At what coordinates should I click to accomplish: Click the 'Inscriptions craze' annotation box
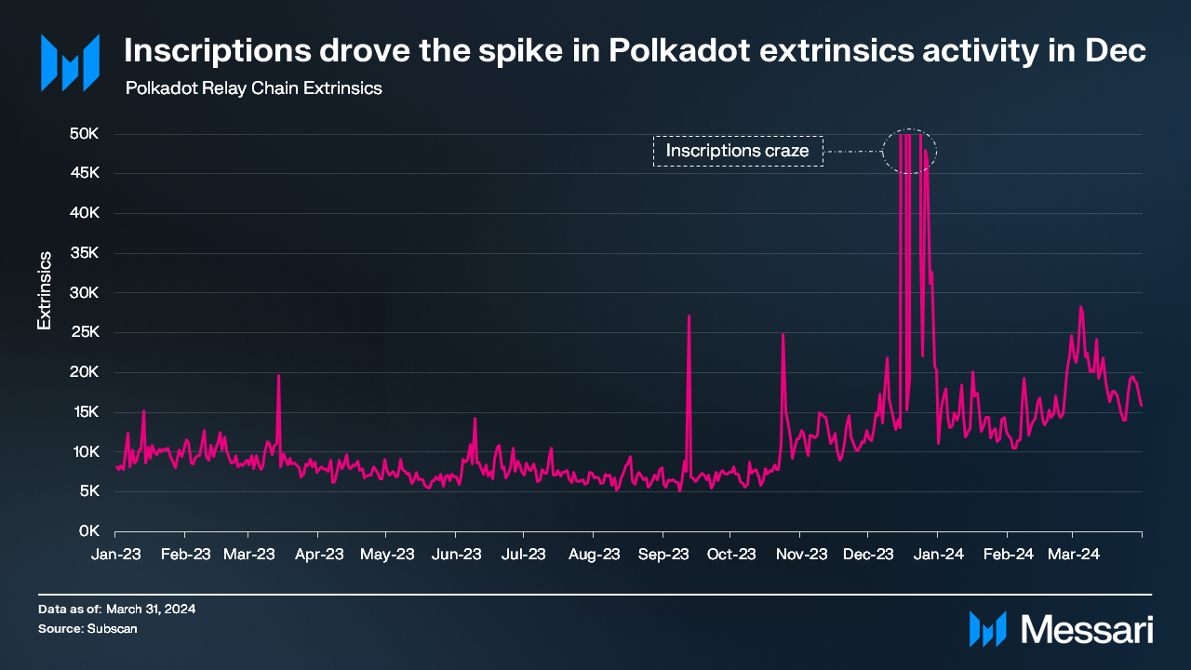pos(738,152)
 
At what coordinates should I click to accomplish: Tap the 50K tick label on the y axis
pos(84,133)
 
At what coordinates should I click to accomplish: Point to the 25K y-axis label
pos(85,332)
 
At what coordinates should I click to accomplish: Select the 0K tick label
pos(88,530)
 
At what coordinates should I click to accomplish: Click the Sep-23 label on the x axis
pos(663,555)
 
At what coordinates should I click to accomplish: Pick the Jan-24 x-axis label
pos(938,555)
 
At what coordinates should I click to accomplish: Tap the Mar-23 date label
pos(248,555)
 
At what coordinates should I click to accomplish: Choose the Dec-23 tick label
pos(868,555)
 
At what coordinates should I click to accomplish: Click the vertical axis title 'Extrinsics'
pos(44,290)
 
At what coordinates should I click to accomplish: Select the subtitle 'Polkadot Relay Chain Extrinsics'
pos(254,88)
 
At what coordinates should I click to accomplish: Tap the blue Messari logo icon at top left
pos(70,62)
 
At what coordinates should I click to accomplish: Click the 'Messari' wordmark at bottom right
pos(1087,630)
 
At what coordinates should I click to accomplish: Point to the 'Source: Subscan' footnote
pos(87,628)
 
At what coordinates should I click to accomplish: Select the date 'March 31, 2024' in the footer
pos(151,609)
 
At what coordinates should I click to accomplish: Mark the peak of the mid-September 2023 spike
pos(689,316)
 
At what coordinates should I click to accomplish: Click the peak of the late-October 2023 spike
pos(783,335)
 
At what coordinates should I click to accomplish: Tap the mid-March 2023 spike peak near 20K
pos(278,376)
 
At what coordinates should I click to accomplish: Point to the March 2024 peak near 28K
pos(1080,307)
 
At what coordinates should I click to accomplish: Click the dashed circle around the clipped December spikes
pos(883,152)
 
